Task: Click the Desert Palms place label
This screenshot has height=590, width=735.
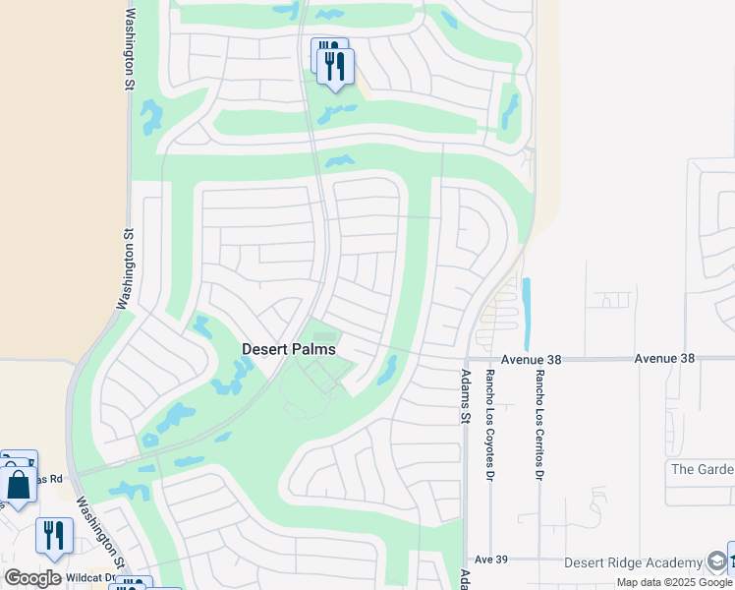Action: [x=289, y=349]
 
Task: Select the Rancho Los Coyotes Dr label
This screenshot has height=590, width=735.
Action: [x=489, y=425]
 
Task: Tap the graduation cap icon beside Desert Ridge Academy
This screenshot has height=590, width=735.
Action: [x=717, y=561]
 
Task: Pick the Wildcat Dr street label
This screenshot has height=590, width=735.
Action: [x=91, y=578]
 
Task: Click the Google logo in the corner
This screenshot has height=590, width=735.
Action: [x=32, y=578]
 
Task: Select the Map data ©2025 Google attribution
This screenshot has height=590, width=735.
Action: [x=674, y=582]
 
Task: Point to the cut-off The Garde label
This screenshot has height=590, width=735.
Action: [x=702, y=468]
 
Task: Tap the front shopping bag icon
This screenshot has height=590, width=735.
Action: [x=19, y=485]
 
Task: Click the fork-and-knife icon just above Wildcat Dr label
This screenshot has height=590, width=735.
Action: [x=53, y=536]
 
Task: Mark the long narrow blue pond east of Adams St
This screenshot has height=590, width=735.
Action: [x=526, y=314]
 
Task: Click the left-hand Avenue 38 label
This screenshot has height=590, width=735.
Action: [x=530, y=360]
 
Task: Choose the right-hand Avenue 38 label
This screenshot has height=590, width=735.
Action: [x=664, y=359]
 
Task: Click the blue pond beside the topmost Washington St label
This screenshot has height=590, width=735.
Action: [x=151, y=117]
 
